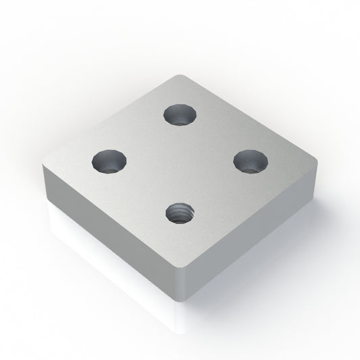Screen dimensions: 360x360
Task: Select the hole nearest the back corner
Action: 180,115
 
